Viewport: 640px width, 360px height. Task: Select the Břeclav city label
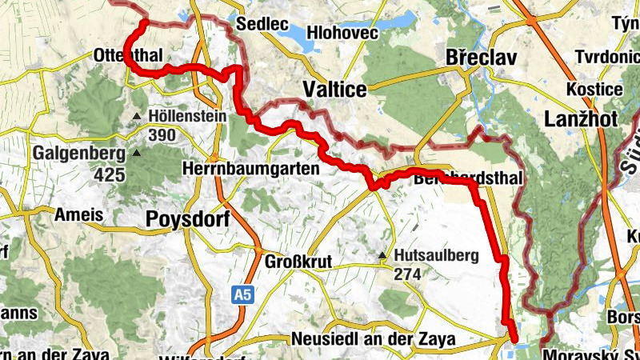482,58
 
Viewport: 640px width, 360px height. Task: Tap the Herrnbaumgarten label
251,169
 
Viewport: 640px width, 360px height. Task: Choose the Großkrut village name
298,261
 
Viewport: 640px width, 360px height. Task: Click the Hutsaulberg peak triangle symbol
383,256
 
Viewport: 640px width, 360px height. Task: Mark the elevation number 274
408,274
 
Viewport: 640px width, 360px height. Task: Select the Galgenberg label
79,152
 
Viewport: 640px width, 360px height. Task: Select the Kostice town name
593,88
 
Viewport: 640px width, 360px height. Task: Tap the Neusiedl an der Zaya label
374,339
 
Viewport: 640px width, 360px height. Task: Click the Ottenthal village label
128,55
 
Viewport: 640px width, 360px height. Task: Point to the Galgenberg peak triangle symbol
136,153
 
